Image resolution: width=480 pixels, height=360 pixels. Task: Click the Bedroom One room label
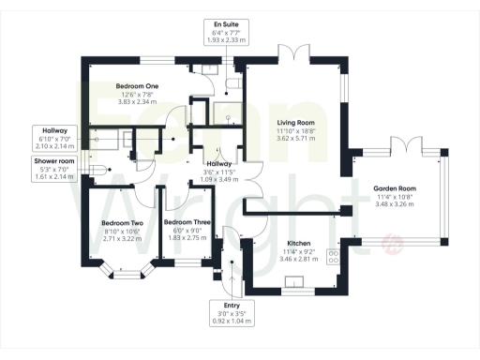pyautogui.click(x=136, y=85)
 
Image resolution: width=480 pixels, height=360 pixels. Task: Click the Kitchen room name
pyautogui.click(x=298, y=242)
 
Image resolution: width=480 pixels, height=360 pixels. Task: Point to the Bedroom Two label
pyautogui.click(x=121, y=223)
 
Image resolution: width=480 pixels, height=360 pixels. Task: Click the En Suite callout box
pyautogui.click(x=224, y=33)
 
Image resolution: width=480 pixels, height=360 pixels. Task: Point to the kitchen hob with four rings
pyautogui.click(x=331, y=256)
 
